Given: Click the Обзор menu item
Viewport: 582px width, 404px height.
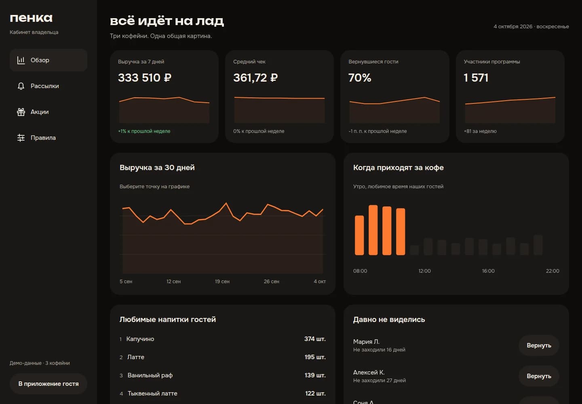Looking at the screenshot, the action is pyautogui.click(x=48, y=60).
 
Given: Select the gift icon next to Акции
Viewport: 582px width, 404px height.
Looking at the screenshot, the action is pyautogui.click(x=21, y=112).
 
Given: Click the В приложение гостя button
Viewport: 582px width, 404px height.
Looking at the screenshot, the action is pyautogui.click(x=48, y=384).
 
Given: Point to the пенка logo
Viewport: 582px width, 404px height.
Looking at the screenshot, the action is pyautogui.click(x=31, y=18).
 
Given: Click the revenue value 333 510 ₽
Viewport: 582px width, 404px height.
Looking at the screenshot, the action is pyautogui.click(x=145, y=78).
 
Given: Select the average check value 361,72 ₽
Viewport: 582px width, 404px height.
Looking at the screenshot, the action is pyautogui.click(x=255, y=78).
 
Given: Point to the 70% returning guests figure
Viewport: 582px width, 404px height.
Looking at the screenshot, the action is pyautogui.click(x=360, y=78).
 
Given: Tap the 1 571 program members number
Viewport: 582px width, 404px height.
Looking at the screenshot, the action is pyautogui.click(x=476, y=78).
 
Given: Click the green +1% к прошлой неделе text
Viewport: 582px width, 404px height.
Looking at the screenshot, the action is pyautogui.click(x=144, y=131).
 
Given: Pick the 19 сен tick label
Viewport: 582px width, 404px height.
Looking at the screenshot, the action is pyautogui.click(x=222, y=282).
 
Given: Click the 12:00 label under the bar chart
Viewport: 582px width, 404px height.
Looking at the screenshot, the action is pyautogui.click(x=424, y=271).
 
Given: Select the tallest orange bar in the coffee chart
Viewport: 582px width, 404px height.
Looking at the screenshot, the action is pyautogui.click(x=373, y=230).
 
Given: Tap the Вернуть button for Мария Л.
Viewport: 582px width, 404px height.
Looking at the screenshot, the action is pyautogui.click(x=539, y=345).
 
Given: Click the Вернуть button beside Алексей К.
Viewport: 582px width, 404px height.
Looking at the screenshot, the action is pyautogui.click(x=539, y=376).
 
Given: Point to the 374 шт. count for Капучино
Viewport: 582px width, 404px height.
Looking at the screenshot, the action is pyautogui.click(x=315, y=339).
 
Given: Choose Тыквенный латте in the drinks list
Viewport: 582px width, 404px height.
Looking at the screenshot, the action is pyautogui.click(x=152, y=393).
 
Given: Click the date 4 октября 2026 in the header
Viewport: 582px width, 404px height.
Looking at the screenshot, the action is pyautogui.click(x=513, y=27).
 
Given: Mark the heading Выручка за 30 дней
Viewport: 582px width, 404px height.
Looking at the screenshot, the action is pyautogui.click(x=157, y=168).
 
